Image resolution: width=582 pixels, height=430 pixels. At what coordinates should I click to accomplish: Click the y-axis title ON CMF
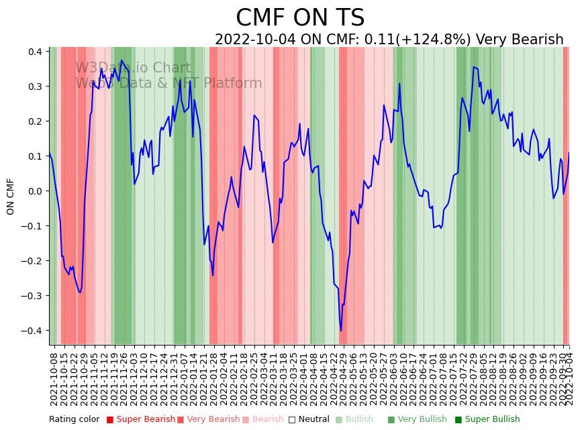coord(11,197)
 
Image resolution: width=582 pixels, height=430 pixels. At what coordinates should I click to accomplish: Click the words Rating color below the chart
coord(74,420)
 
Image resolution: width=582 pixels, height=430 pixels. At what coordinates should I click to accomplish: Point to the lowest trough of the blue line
coord(340,330)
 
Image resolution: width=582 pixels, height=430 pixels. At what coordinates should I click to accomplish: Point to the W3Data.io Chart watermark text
coord(133,68)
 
